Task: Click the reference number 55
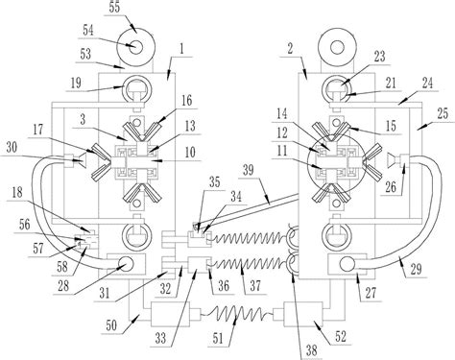click(x=114, y=8)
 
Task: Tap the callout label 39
click(x=249, y=170)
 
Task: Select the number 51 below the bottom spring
click(x=218, y=339)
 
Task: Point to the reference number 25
click(x=443, y=113)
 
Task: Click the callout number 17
click(x=37, y=131)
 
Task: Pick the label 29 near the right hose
click(x=416, y=270)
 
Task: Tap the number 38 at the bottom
click(x=311, y=350)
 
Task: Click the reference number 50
click(x=112, y=326)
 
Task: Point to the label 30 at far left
click(x=12, y=148)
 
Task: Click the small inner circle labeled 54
click(x=136, y=48)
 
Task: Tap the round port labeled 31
click(x=126, y=264)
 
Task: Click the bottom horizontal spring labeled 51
click(x=236, y=313)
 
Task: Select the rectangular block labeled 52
click(x=303, y=314)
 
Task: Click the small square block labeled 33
click(x=198, y=265)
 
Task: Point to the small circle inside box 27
click(x=347, y=265)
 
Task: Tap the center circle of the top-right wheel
click(x=337, y=48)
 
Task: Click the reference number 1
click(x=181, y=49)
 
